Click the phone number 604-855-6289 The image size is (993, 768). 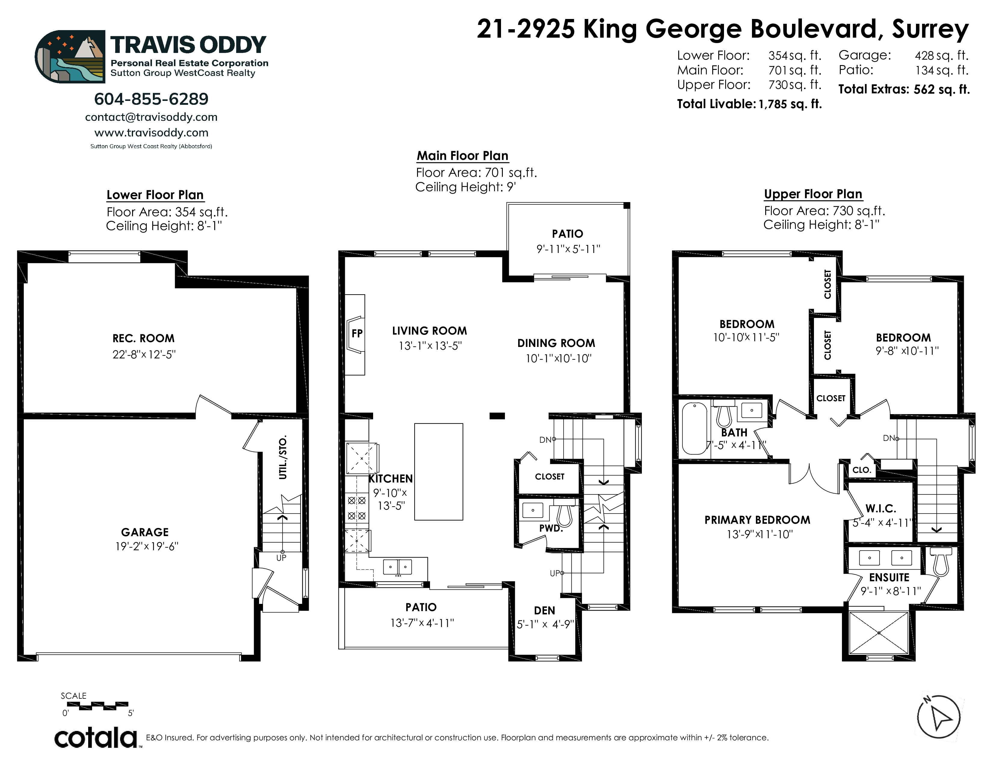(151, 99)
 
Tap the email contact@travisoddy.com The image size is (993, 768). (151, 117)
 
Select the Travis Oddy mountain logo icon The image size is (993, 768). (70, 56)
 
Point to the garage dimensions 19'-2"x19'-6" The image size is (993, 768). (147, 546)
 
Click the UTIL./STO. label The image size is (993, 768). (283, 457)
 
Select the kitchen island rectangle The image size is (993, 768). (439, 472)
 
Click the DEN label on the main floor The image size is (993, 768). (544, 610)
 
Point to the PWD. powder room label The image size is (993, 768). (551, 528)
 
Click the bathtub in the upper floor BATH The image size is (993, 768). (694, 428)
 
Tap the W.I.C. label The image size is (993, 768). (881, 508)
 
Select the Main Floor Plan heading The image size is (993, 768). (462, 156)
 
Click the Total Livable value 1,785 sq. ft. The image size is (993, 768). (790, 104)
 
